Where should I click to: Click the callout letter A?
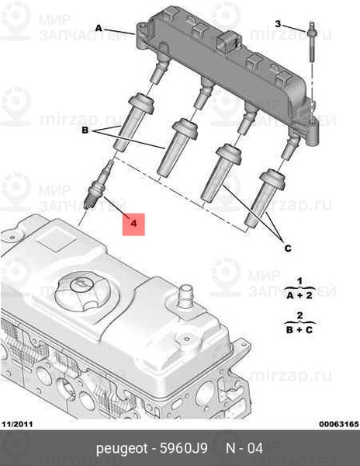pyautogui.click(x=99, y=27)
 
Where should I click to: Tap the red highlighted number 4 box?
pyautogui.click(x=133, y=224)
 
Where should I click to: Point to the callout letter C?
pyautogui.click(x=288, y=248)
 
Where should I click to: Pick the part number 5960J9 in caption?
pyautogui.click(x=184, y=449)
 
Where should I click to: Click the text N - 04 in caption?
pyautogui.click(x=244, y=449)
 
